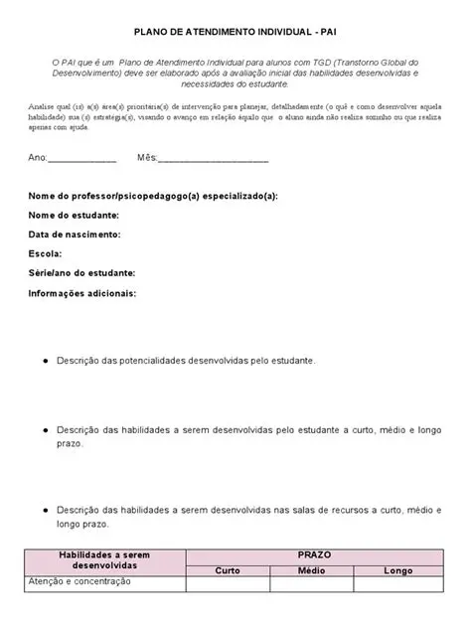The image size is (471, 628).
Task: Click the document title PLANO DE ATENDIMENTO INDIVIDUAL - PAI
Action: coord(235,32)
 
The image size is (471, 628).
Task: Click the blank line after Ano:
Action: coord(82,159)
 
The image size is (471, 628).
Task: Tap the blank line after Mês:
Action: coord(213,159)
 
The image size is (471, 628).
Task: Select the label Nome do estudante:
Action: coord(75,216)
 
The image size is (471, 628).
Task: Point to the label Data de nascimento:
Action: coord(76,235)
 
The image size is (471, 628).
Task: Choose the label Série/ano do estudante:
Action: coord(85,273)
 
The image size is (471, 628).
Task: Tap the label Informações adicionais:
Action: coord(82,293)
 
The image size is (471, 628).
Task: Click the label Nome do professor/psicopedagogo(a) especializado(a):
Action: coord(153,197)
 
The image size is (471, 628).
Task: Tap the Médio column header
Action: coord(312,570)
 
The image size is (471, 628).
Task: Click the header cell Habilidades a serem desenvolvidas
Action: coord(103,562)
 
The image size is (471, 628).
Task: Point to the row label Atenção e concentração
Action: coord(79,583)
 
